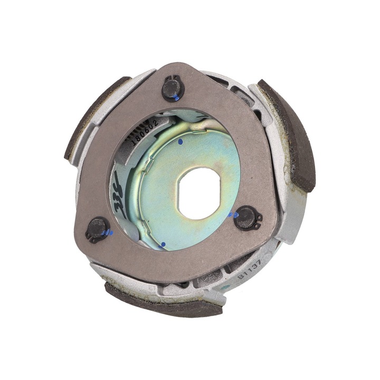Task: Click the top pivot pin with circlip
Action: coord(172,89)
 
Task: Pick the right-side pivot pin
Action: coord(246,217)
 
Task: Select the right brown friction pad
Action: coord(289,132)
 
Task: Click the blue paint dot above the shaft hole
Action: coord(180,142)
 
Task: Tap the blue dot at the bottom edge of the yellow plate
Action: coord(163,244)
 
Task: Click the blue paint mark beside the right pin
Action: coord(233,215)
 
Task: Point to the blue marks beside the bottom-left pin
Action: coord(109,232)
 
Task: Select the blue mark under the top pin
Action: coord(176,99)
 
